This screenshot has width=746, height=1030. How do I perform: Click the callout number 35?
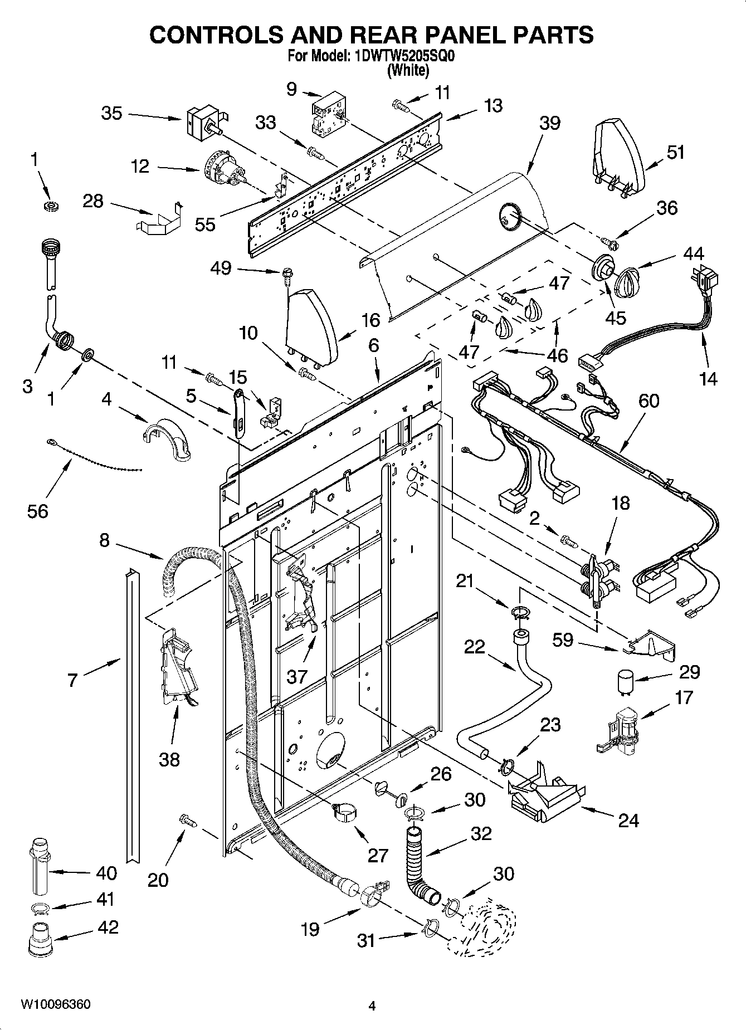coord(111,113)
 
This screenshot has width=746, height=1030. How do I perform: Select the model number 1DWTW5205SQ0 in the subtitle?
coord(400,56)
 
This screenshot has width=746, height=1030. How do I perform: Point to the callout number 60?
coord(648,401)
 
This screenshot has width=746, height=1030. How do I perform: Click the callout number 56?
coord(38,510)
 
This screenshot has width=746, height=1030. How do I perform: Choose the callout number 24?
coord(628,820)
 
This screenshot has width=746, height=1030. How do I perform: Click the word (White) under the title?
coord(408,70)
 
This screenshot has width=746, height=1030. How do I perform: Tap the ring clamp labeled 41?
coord(41,910)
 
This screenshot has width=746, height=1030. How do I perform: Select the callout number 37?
coord(297,677)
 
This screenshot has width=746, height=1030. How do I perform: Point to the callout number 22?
coord(475,647)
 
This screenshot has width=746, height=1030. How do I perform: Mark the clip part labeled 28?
coord(158,219)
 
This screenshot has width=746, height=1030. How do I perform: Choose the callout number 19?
coord(310,929)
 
